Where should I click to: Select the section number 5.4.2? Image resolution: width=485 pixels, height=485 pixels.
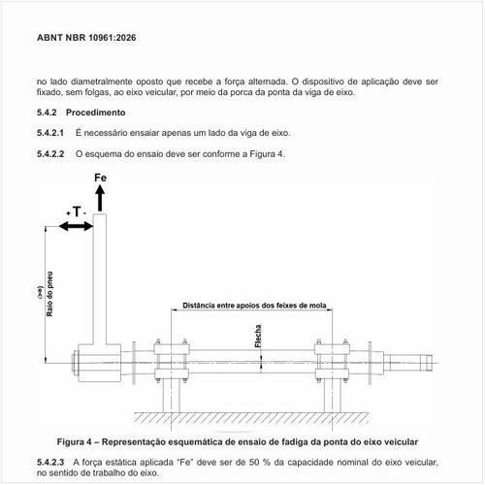point(47,113)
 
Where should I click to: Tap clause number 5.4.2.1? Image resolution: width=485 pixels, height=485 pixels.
point(50,133)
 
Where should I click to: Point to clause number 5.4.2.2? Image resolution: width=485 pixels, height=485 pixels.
point(50,154)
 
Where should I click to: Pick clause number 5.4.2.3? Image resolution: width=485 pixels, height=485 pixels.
point(50,463)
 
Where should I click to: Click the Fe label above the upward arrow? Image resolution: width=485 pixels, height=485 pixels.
point(101,179)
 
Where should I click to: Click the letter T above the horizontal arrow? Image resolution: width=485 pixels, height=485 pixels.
point(76,210)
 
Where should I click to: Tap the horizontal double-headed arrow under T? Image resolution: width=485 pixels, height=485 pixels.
point(77,226)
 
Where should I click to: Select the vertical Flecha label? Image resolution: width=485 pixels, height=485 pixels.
point(258,337)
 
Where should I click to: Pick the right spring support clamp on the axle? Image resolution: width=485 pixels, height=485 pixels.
point(331,361)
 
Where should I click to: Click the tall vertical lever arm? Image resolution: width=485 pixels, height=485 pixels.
point(101,281)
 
